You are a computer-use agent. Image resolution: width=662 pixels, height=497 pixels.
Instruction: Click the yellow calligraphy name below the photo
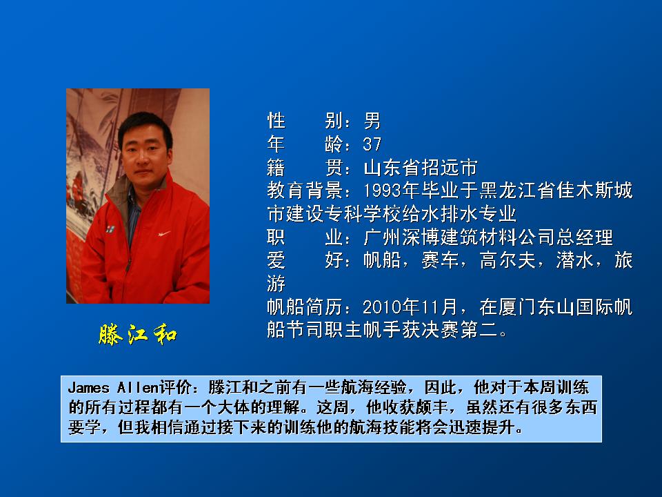pos(138,335)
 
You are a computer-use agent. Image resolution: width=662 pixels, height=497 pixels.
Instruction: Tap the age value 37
pos(372,144)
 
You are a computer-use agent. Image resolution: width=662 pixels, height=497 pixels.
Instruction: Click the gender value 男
pos(372,121)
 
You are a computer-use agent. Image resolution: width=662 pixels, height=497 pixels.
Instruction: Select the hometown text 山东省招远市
pos(421,167)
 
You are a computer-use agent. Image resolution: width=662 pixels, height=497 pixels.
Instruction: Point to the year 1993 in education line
pos(382,191)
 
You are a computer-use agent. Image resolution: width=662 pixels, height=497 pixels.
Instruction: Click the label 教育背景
pos(305,191)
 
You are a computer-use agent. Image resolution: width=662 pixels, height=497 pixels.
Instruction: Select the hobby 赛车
pos(440,260)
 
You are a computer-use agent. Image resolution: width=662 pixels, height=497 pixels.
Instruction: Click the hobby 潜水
pos(575,260)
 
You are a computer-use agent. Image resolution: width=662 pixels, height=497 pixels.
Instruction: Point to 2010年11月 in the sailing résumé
pos(410,306)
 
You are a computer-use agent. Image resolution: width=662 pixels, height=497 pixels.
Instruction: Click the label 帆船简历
pos(305,306)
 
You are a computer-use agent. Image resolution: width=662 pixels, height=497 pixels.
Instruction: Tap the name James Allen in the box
pos(113,387)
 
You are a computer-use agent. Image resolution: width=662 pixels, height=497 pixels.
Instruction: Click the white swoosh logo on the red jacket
pos(164,233)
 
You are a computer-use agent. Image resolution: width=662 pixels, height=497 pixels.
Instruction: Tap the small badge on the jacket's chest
pos(110,228)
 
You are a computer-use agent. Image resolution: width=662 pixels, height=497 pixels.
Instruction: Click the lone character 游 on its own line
pos(276,283)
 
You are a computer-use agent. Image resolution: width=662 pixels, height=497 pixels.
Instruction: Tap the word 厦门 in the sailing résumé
pos(518,306)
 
